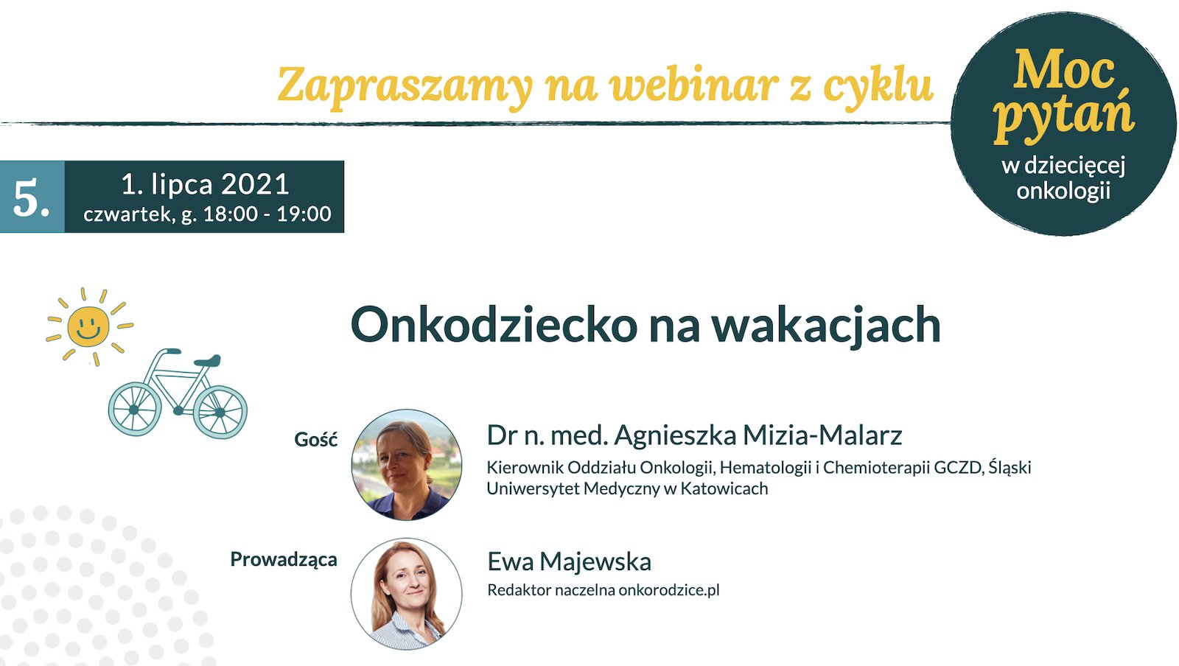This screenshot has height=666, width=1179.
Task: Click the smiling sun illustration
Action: (88, 326)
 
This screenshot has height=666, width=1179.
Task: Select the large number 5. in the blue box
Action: (32, 198)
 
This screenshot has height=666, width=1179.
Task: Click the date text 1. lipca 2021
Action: (206, 184)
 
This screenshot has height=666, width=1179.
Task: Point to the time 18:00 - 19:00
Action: (267, 214)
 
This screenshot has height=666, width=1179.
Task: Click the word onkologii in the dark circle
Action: (1064, 191)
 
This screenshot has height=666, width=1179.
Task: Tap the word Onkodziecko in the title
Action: (494, 325)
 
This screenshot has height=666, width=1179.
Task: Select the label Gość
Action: (316, 439)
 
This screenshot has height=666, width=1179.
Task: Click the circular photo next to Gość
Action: (406, 465)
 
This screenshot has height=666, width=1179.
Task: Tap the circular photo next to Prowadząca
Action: (406, 593)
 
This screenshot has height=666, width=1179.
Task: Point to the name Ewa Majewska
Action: (570, 561)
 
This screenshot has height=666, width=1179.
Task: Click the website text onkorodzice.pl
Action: (669, 590)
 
